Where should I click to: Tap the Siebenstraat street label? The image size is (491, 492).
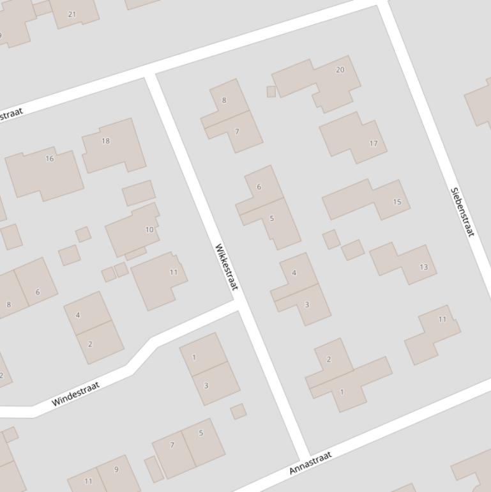pos(462,212)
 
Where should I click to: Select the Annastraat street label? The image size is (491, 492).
pos(311,463)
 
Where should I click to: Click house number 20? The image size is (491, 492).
pos(340,70)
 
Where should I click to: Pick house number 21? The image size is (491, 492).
pos(72,14)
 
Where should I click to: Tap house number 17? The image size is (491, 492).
pos(374,144)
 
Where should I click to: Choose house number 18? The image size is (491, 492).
pos(106,141)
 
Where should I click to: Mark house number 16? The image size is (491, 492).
pos(50,158)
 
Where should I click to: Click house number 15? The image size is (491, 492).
pos(397,202)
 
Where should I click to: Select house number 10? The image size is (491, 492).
pos(149,229)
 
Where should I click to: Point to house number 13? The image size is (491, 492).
pos(423,267)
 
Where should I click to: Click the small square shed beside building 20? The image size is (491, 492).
pos(271,92)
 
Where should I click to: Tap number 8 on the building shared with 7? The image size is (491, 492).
pos(224,100)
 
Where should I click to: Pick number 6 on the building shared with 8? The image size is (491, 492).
pos(38,292)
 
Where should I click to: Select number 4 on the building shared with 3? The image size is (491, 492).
pos(294,273)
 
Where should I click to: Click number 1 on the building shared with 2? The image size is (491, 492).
pos(342,392)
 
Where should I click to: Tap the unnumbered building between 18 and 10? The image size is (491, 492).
pos(139,192)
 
